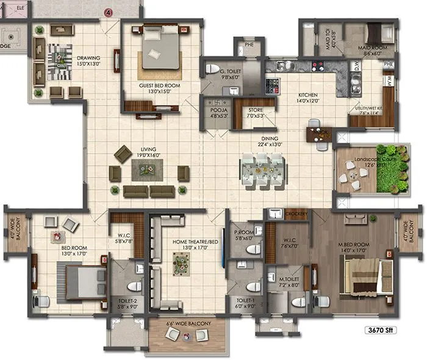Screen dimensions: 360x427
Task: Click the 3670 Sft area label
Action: [401, 331]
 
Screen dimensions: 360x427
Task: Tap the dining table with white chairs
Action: [262, 168]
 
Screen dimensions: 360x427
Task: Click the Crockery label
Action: [295, 214]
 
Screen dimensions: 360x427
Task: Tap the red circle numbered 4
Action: [109, 12]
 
